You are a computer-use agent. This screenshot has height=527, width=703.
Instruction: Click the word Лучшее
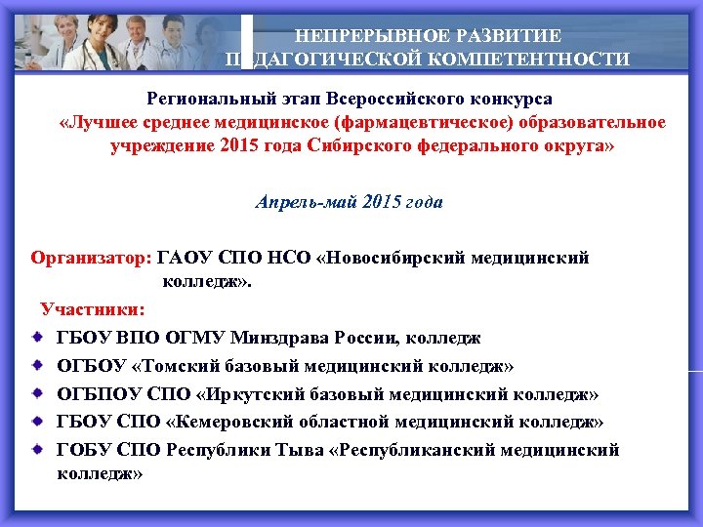click(x=99, y=122)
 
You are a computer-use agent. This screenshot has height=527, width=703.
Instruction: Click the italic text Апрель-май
click(x=299, y=202)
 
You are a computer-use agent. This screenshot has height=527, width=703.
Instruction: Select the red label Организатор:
click(x=92, y=259)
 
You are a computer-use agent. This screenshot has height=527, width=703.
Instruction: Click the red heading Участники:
click(x=93, y=309)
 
